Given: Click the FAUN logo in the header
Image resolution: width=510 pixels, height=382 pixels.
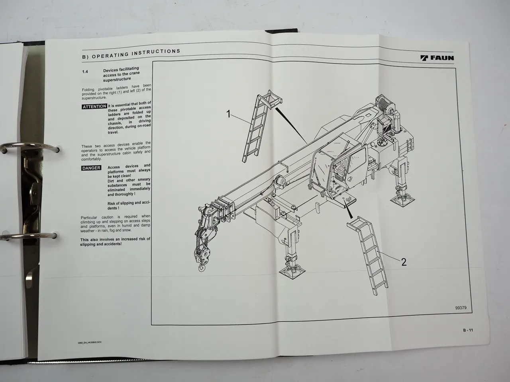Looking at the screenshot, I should coord(437,58).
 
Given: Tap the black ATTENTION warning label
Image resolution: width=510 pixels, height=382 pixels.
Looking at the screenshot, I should coord(94,107).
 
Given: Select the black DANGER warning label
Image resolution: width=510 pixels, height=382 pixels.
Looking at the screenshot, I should coord(91,168).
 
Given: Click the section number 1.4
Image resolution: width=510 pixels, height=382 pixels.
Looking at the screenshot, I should coord(85,71).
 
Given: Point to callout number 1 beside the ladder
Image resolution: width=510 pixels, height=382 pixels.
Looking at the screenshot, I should coord(228,115).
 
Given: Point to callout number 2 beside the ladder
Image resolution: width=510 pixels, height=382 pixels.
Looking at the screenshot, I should coord(404,262).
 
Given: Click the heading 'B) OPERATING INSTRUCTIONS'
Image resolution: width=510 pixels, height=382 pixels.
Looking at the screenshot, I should coord(131,54).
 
